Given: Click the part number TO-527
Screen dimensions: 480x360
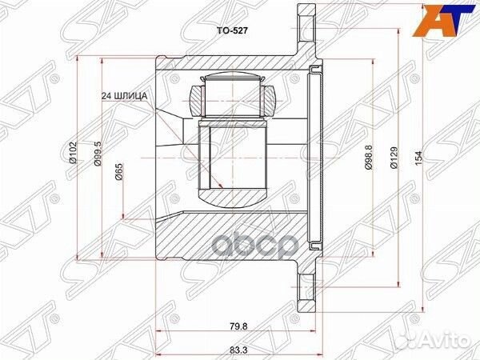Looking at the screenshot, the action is [232, 31].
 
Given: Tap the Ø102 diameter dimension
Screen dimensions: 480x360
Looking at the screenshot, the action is [72, 153].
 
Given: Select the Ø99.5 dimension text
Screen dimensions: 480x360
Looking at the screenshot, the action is [97, 154].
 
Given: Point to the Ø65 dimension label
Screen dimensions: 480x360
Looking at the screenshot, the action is [118, 171].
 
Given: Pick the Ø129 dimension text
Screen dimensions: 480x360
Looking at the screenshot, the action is [394, 158].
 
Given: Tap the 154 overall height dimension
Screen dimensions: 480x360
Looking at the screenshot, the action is [418, 158].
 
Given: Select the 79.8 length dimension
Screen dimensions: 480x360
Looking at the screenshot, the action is [240, 326].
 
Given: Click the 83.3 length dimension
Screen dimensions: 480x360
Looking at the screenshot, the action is [240, 350].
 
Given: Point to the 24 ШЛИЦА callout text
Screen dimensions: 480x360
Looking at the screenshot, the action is [125, 96].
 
